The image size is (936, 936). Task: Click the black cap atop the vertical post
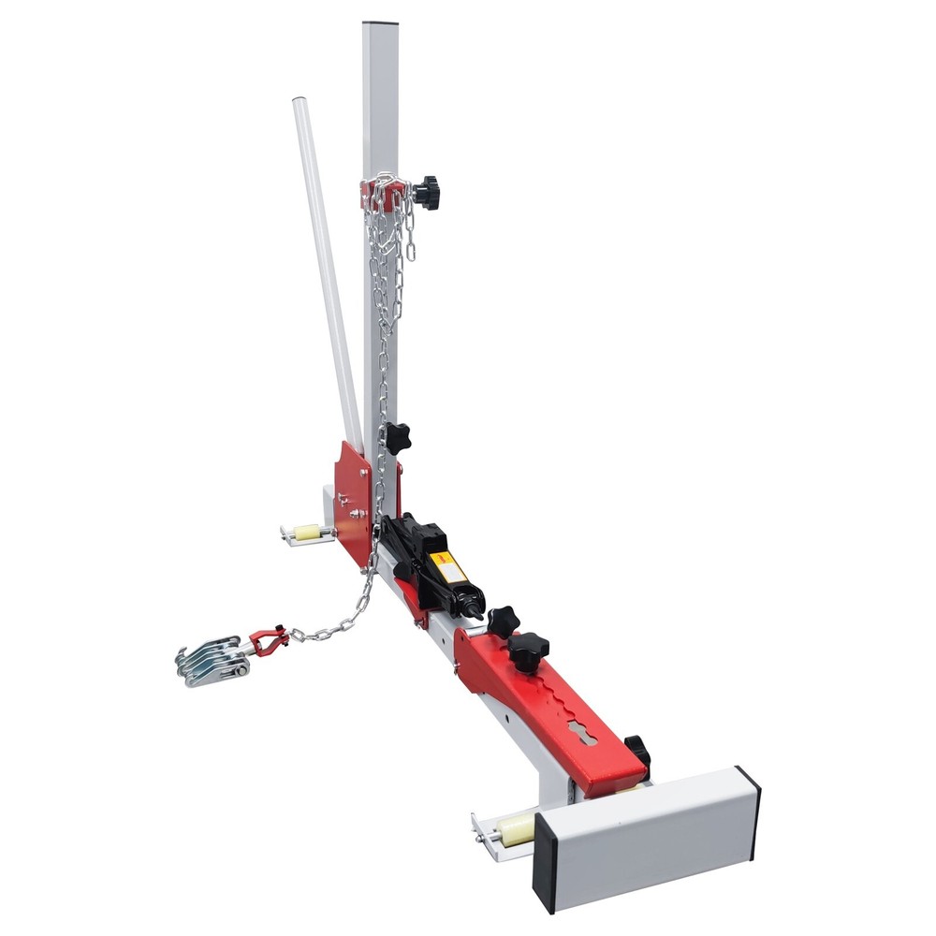click(x=380, y=23)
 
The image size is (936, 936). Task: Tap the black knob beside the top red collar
click(x=427, y=192)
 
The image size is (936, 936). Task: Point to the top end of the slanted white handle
click(x=300, y=101)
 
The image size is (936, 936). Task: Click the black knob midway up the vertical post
click(x=397, y=436)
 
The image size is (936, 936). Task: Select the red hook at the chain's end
click(x=268, y=641)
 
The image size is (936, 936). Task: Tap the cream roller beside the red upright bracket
click(x=307, y=533)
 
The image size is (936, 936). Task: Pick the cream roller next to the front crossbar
click(x=517, y=828)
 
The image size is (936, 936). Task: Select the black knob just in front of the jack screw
click(x=503, y=620)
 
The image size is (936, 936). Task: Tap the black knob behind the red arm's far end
click(x=637, y=750)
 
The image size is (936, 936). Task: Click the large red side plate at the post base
click(x=354, y=501)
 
